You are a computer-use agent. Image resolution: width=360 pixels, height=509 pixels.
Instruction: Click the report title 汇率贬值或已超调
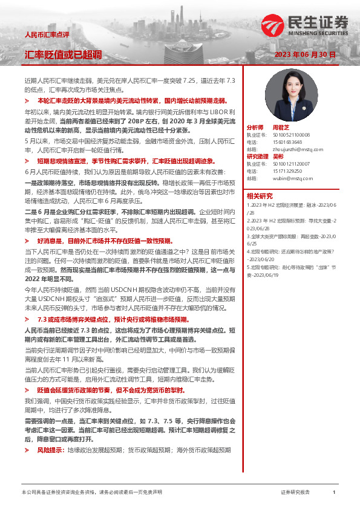63,54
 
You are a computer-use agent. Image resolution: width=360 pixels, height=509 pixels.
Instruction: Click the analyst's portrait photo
292,96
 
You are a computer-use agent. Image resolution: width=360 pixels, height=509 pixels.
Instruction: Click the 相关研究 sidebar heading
259,195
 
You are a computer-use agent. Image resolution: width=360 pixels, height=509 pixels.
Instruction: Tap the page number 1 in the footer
334,493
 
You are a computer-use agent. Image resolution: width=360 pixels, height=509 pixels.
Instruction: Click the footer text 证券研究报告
295,493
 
